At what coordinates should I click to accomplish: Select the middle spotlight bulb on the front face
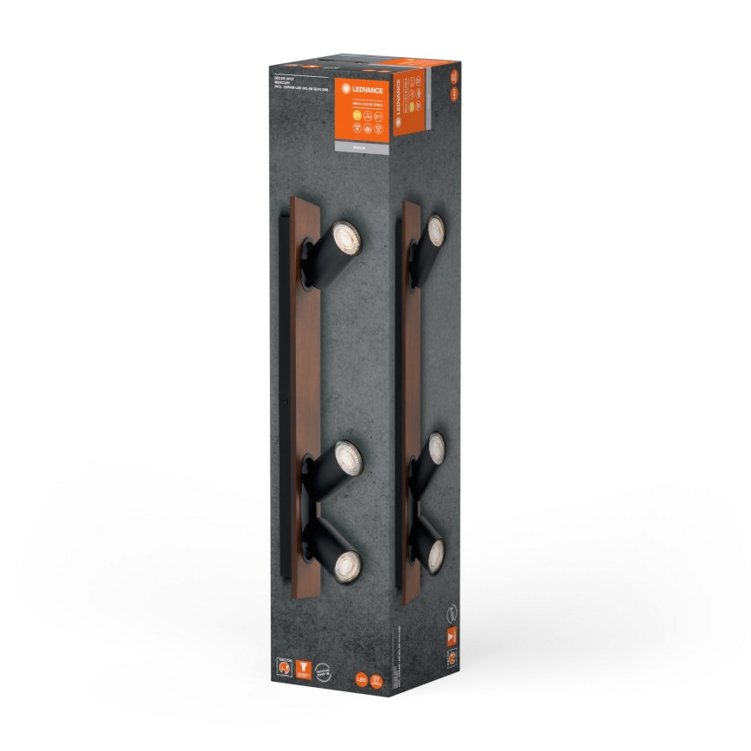346,453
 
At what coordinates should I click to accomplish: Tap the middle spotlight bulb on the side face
437,447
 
